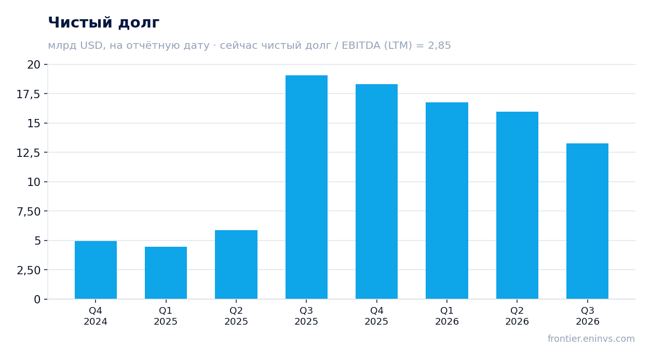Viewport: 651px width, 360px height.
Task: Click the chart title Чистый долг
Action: point(103,23)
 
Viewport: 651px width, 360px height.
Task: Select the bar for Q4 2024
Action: point(96,270)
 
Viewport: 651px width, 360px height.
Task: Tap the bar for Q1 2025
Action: point(166,273)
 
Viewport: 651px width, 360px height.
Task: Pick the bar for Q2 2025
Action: point(236,264)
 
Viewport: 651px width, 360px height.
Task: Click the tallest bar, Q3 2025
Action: point(306,187)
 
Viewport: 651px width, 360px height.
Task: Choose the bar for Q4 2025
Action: point(377,192)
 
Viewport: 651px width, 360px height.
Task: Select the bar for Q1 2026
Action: point(447,201)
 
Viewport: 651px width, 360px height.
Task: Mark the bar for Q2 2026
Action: point(517,205)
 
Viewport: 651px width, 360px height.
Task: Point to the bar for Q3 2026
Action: point(587,221)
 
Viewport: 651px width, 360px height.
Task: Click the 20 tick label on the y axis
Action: point(34,64)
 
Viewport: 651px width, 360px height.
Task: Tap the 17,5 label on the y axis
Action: point(28,94)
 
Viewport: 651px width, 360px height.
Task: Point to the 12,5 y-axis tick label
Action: point(28,153)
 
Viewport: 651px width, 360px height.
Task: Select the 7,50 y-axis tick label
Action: point(29,211)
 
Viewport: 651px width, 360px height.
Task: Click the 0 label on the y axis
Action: point(37,299)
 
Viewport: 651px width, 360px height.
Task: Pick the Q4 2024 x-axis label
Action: point(96,316)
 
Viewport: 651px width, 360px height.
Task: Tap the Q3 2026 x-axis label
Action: point(588,316)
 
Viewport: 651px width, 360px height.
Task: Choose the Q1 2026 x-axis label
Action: point(447,316)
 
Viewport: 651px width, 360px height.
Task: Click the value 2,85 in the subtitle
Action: point(439,46)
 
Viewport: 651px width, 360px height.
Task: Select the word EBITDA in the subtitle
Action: point(361,45)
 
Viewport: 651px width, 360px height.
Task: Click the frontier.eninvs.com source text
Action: point(591,339)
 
